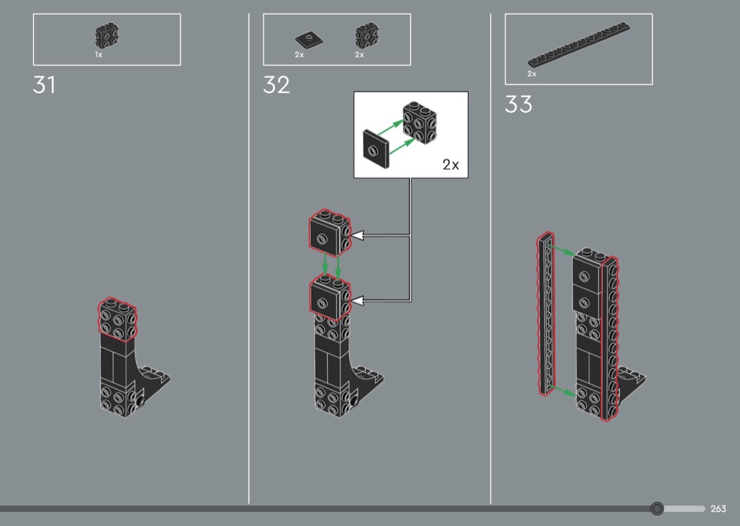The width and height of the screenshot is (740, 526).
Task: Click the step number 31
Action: [x=44, y=85]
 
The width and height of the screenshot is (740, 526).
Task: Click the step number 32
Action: [x=276, y=85]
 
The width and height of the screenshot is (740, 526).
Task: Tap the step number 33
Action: [x=518, y=104]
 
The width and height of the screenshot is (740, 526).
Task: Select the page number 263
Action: [x=718, y=508]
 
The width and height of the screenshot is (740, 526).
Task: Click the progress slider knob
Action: [x=656, y=508]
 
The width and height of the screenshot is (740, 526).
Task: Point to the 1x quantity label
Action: [x=98, y=55]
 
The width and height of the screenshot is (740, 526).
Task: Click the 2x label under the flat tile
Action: [x=300, y=55]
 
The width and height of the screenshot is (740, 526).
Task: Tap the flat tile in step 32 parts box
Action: [x=309, y=39]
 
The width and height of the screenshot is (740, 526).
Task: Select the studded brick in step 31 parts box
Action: [x=106, y=35]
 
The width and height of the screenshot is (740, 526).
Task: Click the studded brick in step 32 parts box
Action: [x=367, y=35]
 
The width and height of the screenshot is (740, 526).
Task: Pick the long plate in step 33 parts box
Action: [x=579, y=44]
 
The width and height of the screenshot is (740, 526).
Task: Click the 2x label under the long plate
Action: [x=532, y=73]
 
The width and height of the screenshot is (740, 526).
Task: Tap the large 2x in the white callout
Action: [x=451, y=164]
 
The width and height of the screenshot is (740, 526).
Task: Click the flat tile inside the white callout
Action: [x=376, y=149]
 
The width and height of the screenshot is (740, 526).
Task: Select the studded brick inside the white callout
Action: [x=419, y=122]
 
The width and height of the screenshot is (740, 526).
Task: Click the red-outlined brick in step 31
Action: [x=118, y=319]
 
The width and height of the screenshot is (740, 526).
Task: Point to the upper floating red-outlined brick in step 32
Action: [x=330, y=233]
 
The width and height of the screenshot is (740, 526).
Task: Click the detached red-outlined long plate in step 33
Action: [x=545, y=314]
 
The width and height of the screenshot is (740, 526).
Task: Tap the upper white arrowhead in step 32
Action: [x=357, y=235]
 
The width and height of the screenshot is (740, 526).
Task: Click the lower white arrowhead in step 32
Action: [x=357, y=300]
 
